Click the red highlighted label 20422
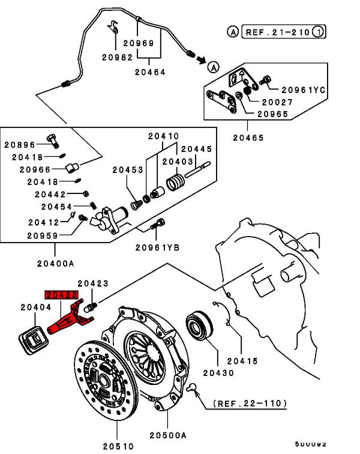(x=62, y=295)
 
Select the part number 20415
(x=242, y=361)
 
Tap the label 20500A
(x=169, y=435)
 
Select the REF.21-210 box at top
(x=277, y=31)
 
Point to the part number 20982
(x=115, y=57)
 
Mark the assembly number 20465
(x=248, y=138)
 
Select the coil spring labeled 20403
(x=176, y=182)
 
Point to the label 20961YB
(x=157, y=247)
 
